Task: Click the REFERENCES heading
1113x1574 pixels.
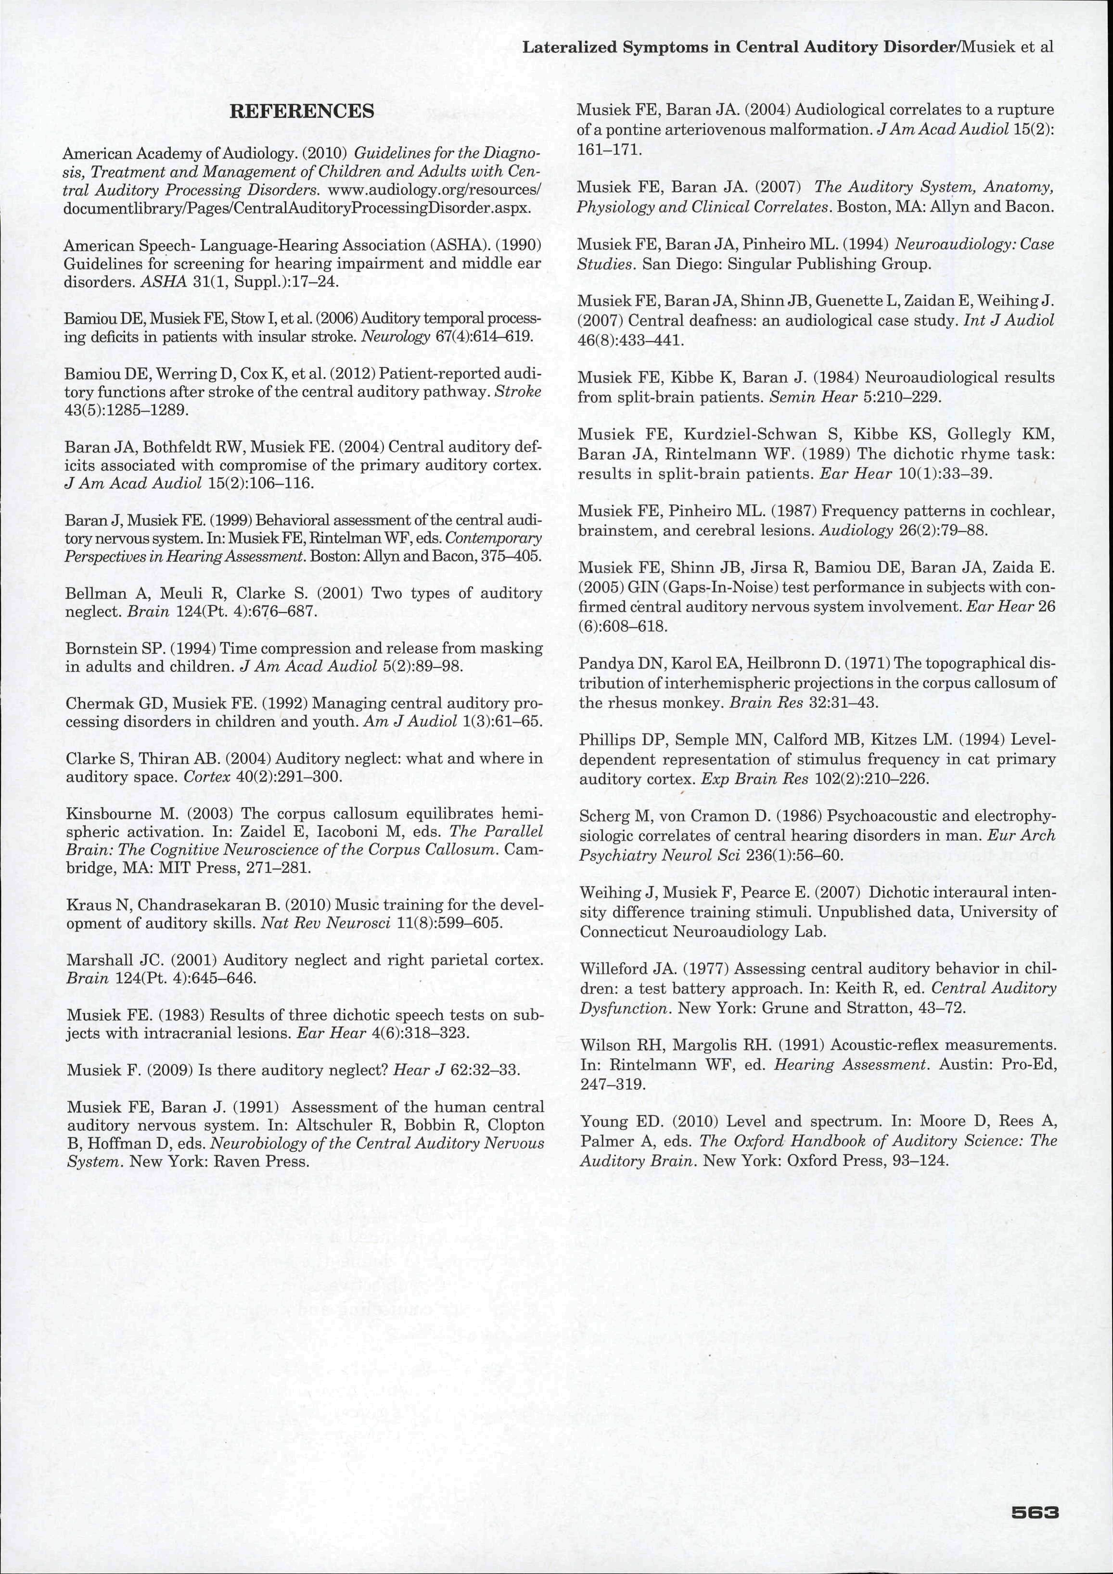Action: tap(302, 112)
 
